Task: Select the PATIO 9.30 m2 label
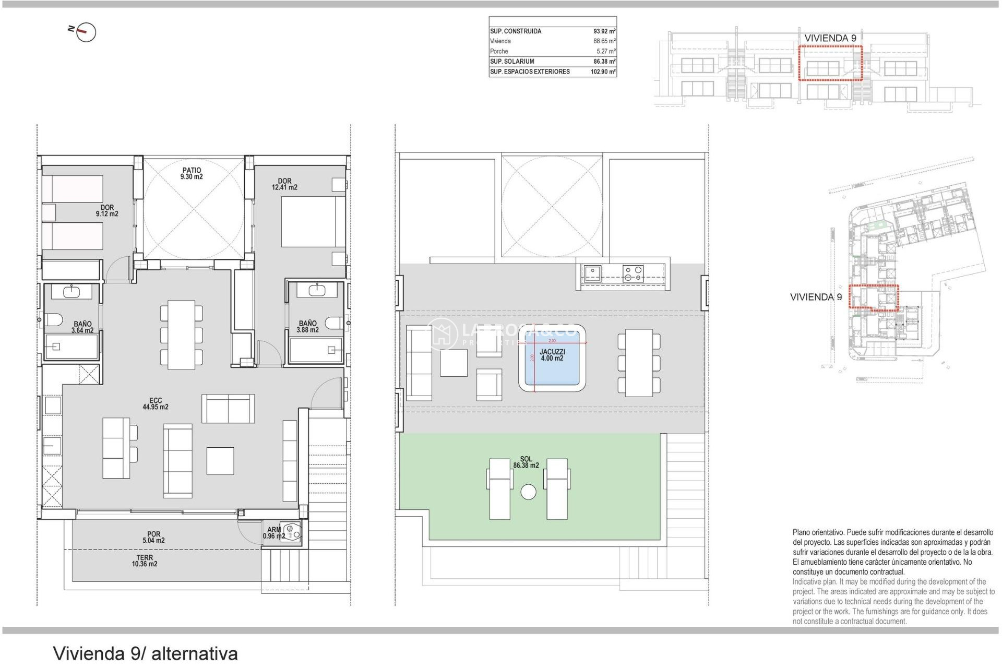tap(192, 173)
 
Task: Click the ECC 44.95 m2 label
tap(156, 404)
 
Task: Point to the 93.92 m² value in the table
tap(604, 31)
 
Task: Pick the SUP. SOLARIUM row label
tap(512, 62)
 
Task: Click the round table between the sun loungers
tap(528, 492)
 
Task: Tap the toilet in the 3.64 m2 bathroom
tap(53, 319)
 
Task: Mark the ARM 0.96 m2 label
tap(274, 533)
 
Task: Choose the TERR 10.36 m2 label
tap(145, 561)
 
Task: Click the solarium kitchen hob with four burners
tap(633, 274)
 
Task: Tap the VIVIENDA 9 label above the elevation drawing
tap(830, 38)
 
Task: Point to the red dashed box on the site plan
tap(874, 297)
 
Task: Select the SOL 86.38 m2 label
tap(526, 462)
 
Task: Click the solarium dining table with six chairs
tap(639, 363)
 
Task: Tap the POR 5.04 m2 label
tap(153, 538)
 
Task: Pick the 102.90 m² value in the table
tap(603, 72)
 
